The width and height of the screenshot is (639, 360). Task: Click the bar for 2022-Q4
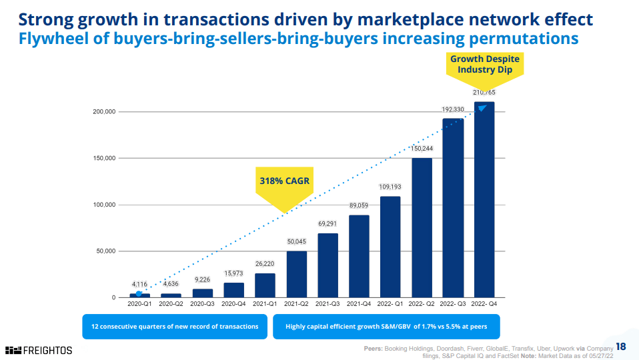click(484, 199)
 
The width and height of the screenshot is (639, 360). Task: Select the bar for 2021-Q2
click(297, 274)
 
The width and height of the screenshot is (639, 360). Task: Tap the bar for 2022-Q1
click(390, 247)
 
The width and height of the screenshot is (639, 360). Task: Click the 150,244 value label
click(422, 148)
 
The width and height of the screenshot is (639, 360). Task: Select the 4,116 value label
click(139, 284)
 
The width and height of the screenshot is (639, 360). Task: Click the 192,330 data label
click(453, 109)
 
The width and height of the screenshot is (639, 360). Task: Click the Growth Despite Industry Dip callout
click(484, 65)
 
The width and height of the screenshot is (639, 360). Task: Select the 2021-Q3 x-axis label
click(328, 303)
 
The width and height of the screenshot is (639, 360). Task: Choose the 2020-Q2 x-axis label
click(171, 303)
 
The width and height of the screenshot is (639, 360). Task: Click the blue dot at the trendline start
click(139, 294)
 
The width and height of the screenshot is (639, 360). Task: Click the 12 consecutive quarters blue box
click(175, 327)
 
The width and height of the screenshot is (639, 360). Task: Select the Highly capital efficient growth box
click(386, 327)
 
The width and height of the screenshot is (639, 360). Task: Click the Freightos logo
click(39, 350)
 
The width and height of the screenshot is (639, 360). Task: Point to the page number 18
click(621, 347)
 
